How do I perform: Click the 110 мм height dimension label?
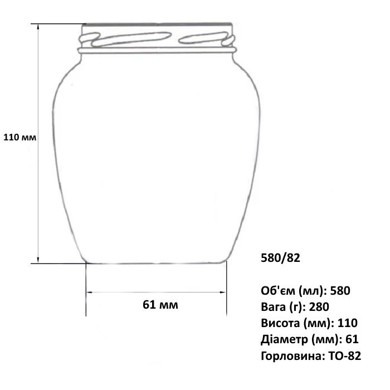pyautogui.click(x=19, y=137)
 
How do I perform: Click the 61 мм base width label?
pyautogui.click(x=160, y=305)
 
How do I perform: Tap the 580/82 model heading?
pyautogui.click(x=280, y=258)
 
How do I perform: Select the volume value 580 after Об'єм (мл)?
pyautogui.click(x=340, y=290)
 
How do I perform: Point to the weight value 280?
pyautogui.click(x=319, y=306)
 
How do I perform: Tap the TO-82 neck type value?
pyautogui.click(x=345, y=355)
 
